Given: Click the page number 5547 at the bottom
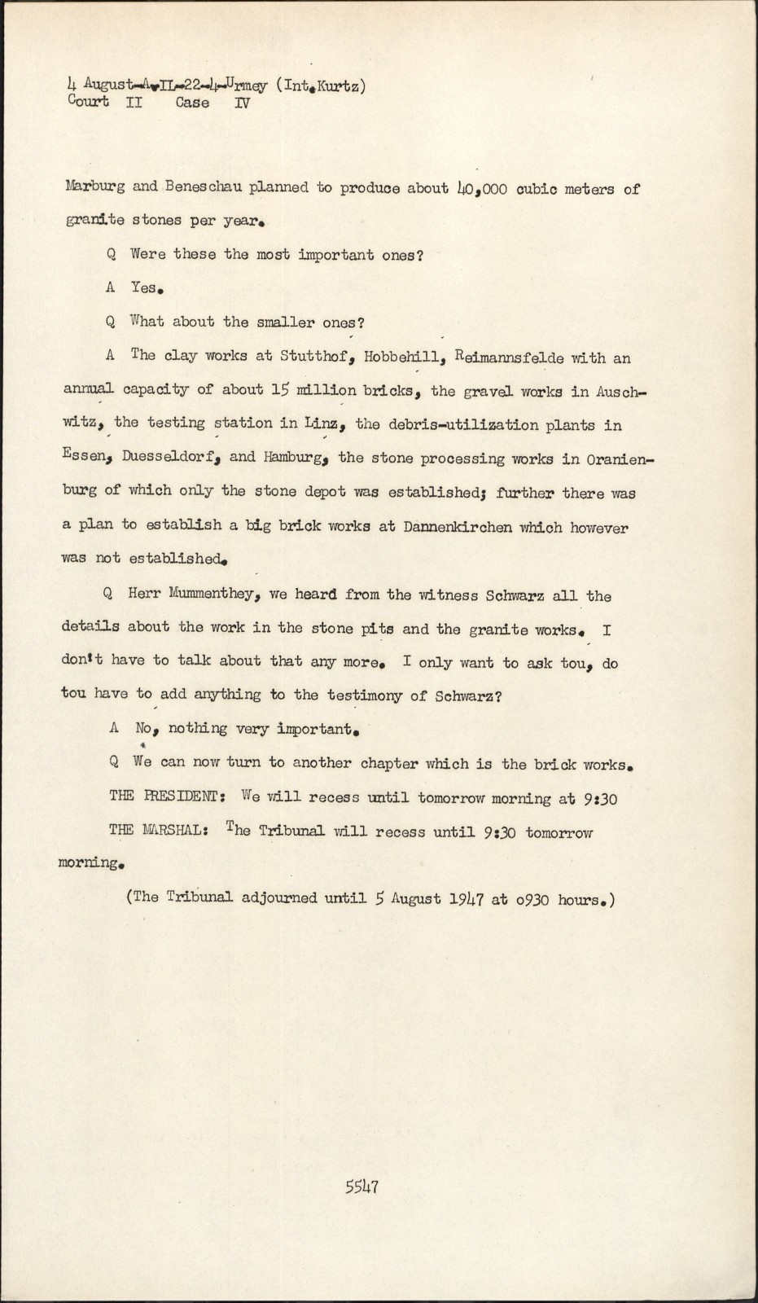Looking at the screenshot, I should click(361, 1186).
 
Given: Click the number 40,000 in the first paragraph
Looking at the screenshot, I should click(482, 188).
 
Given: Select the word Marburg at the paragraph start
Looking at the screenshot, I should click(94, 187).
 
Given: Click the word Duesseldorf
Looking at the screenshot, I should click(171, 457).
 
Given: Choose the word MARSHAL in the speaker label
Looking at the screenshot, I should click(177, 831).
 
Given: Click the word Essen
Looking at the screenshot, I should click(85, 457).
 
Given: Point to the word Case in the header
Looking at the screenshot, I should click(192, 103).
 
